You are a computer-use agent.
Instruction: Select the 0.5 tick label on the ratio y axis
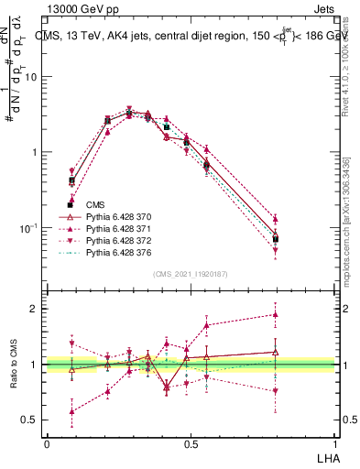tap(30, 420)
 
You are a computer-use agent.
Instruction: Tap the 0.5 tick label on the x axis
tap(190, 443)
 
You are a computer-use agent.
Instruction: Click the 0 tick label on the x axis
tap(47, 443)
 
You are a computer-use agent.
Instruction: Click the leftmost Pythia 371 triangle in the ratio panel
tap(71, 411)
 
